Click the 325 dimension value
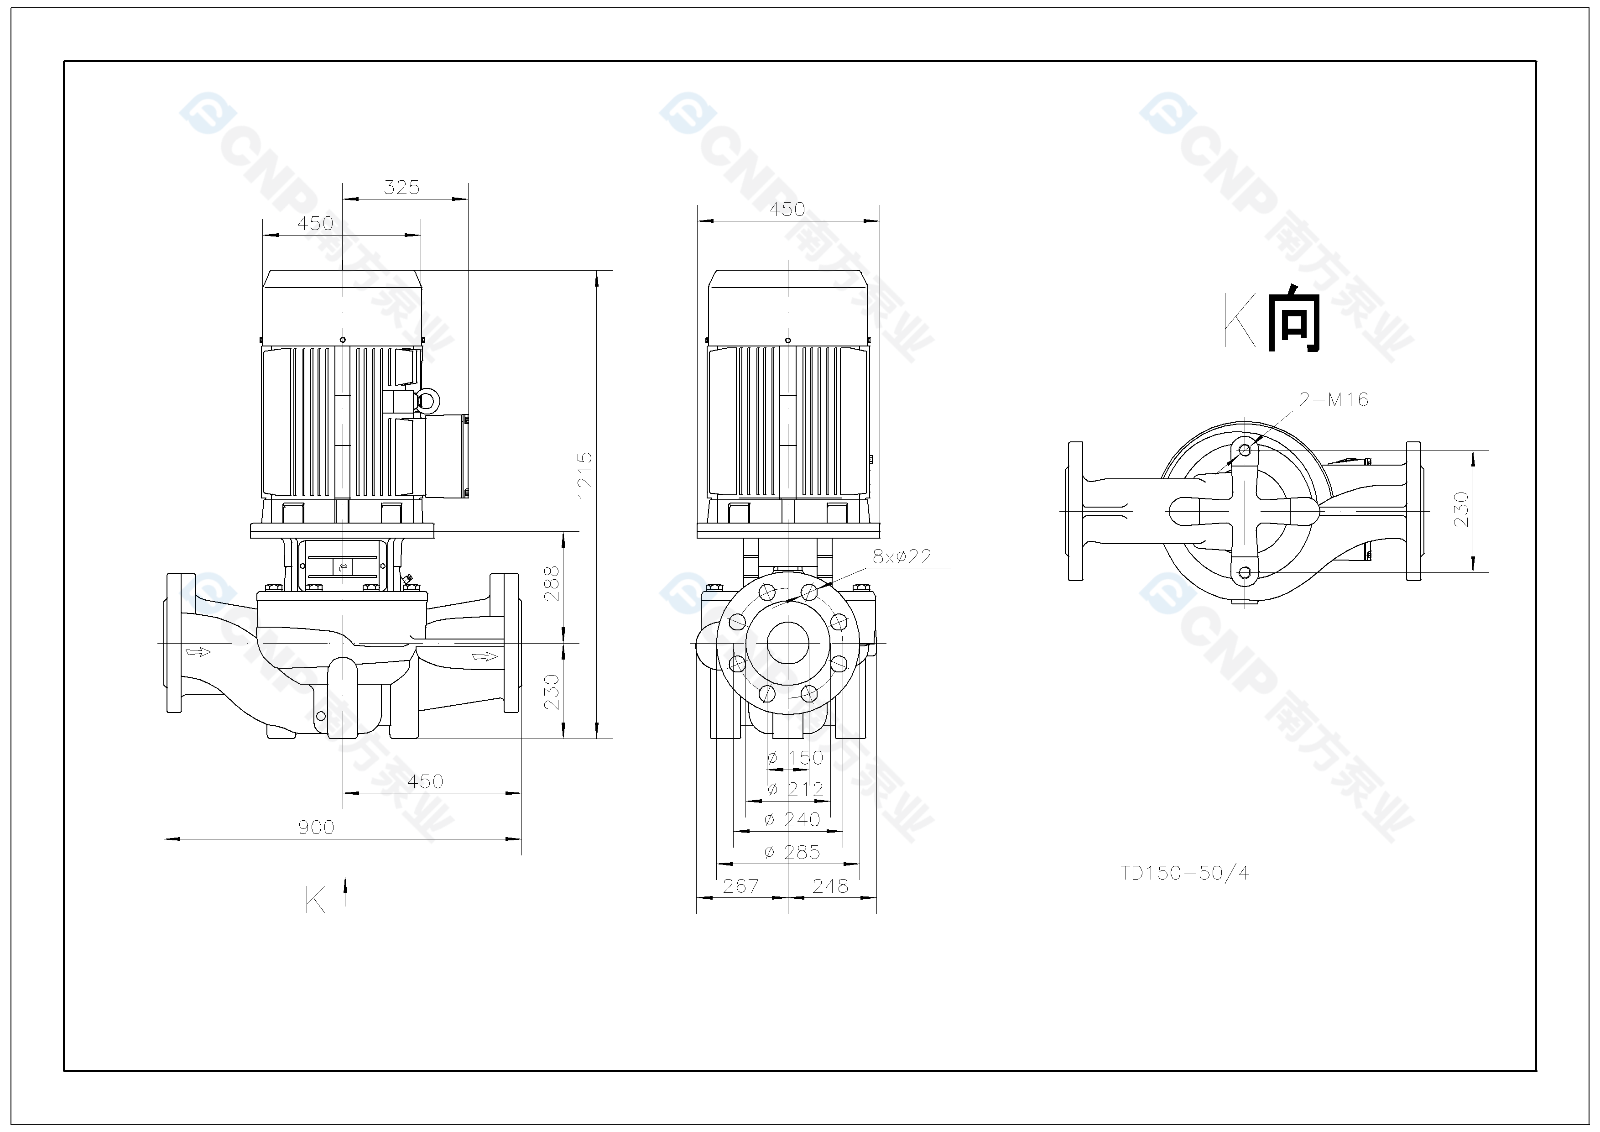(402, 188)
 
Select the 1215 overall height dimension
(585, 475)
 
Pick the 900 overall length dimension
(316, 828)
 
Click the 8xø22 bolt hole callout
(902, 556)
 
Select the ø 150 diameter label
(795, 758)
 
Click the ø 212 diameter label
(795, 789)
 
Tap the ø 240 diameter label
(792, 820)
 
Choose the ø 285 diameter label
(792, 852)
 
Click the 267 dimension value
(741, 886)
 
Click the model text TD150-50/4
(1185, 873)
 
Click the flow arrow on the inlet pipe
(198, 652)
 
